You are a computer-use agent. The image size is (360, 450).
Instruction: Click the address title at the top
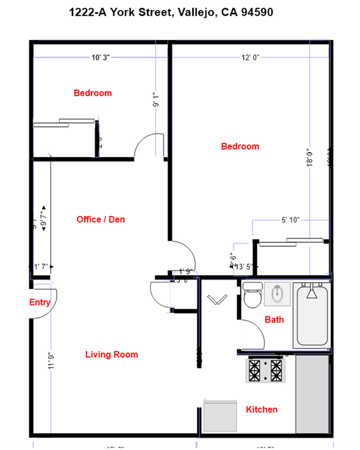tap(171, 12)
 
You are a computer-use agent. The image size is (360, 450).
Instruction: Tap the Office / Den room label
tap(101, 220)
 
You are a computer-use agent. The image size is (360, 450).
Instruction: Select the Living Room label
tap(111, 355)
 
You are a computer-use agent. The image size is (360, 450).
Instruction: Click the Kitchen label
tap(261, 410)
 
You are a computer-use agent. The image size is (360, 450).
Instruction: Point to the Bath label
tap(274, 320)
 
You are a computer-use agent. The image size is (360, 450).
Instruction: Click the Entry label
tap(40, 302)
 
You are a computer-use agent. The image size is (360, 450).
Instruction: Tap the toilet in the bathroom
tap(252, 296)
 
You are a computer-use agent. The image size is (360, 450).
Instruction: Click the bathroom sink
tap(276, 294)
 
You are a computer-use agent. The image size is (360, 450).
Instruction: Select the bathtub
tap(313, 315)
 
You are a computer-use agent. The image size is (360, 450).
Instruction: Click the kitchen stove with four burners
tap(265, 371)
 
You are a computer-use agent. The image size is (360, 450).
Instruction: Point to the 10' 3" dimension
tap(101, 57)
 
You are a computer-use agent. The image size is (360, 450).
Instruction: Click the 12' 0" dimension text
tap(250, 57)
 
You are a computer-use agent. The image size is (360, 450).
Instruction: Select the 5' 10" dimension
tap(290, 220)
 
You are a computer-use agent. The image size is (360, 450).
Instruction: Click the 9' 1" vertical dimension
tap(157, 100)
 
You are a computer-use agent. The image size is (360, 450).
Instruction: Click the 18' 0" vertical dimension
tap(310, 156)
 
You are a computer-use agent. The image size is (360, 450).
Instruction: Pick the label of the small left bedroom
tap(92, 93)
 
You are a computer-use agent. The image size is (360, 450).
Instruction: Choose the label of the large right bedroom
tap(240, 147)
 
